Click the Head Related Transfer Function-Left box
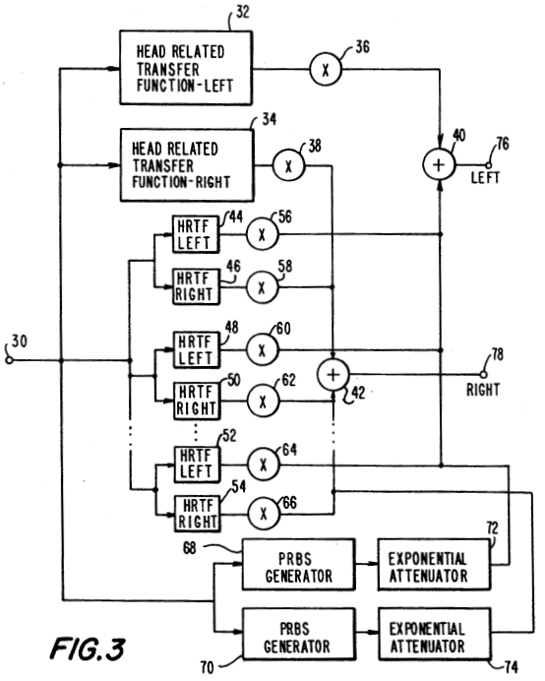pos(186,68)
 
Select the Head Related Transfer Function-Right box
pos(187,165)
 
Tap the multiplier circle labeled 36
pos(326,69)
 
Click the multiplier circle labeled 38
pos(289,165)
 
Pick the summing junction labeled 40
pos(439,164)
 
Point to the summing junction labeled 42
pos(333,374)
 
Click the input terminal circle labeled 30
pos(9,360)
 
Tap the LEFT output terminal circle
pos(489,165)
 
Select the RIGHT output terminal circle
pos(483,374)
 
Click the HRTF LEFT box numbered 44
pos(196,234)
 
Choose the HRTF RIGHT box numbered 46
pos(197,286)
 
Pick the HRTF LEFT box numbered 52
pos(197,464)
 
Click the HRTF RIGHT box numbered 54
pos(197,514)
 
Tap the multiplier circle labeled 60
pos(263,350)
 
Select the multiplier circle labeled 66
pos(264,514)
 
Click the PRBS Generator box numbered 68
pos(298,565)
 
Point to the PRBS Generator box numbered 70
pos(299,634)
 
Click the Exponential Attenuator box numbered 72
pos(434,565)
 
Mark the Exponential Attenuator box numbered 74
pos(435,634)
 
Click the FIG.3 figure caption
pos(88,649)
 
